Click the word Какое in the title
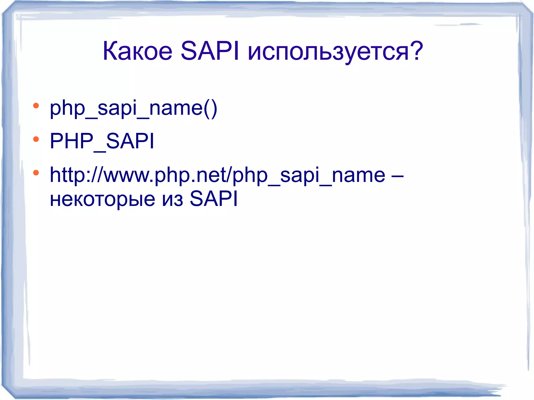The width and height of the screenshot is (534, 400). point(137,51)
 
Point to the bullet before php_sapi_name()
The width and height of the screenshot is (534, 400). point(36,106)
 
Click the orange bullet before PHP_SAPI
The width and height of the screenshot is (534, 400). point(36,139)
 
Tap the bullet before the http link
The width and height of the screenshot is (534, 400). point(36,173)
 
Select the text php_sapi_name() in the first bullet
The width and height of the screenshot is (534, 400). point(133,108)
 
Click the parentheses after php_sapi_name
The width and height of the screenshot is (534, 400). point(210,108)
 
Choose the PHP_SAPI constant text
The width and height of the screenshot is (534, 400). point(102,141)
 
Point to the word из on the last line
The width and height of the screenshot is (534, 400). point(172,199)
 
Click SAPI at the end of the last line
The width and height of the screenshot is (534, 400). point(214,199)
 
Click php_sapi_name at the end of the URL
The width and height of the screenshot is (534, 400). point(309,175)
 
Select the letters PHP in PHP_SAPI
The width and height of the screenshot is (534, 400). point(71,141)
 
